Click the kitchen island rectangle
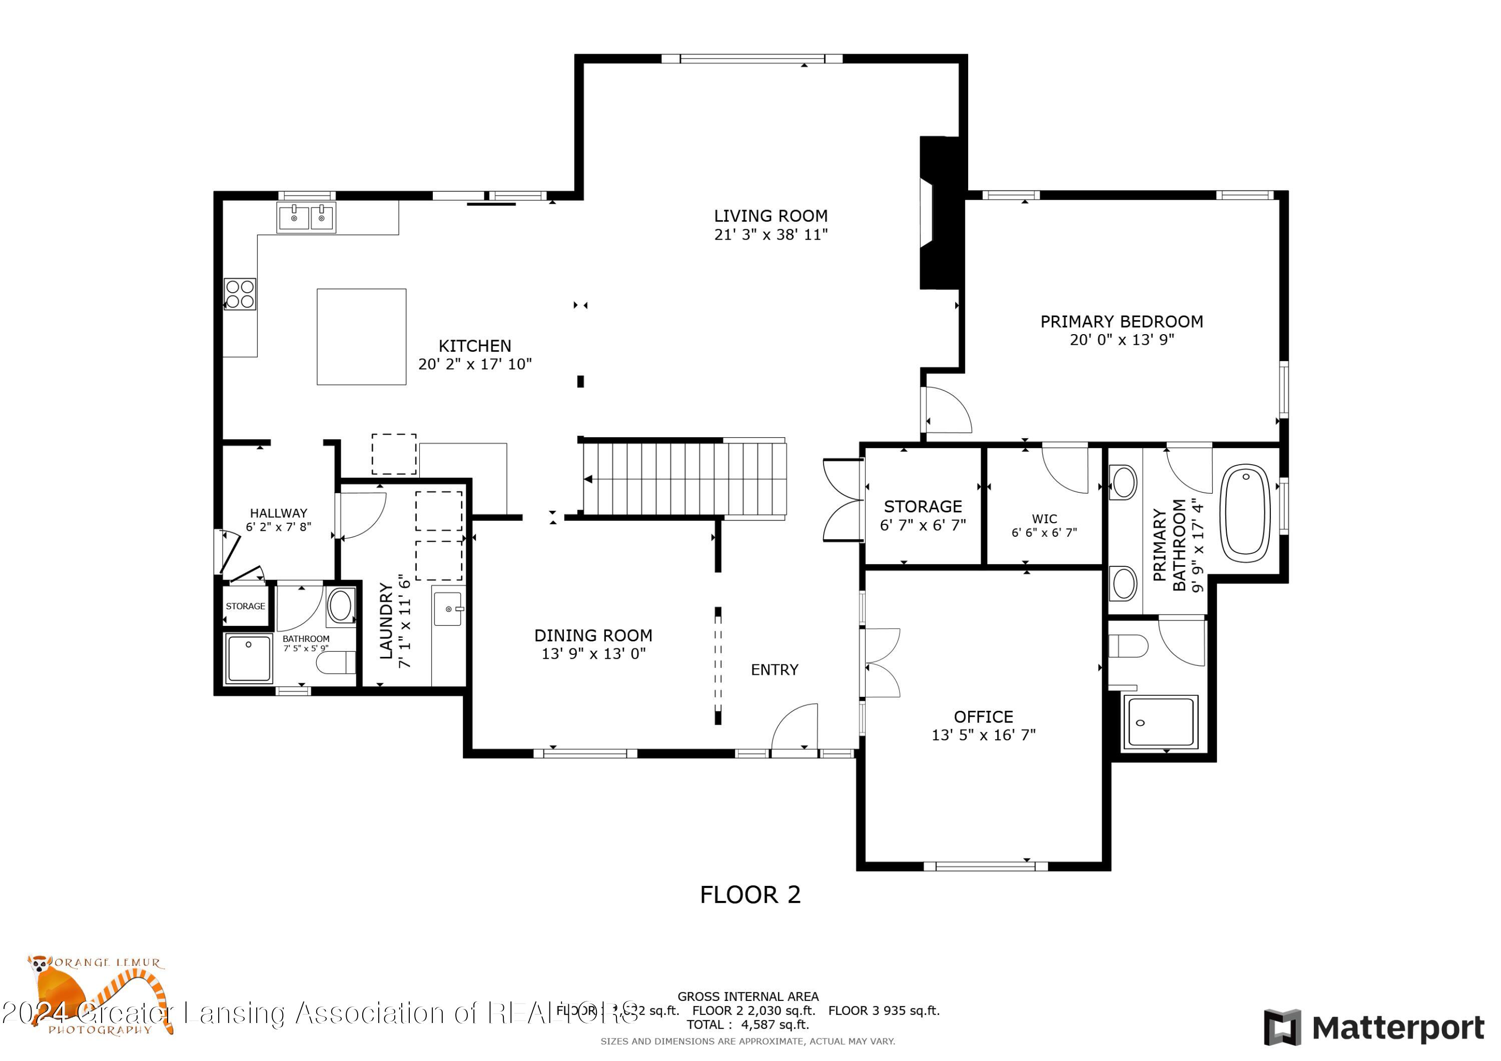(x=362, y=337)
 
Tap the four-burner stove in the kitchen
(x=240, y=294)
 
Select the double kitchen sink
(x=307, y=218)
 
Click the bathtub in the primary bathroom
(x=1246, y=513)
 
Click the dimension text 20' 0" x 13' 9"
(x=1122, y=340)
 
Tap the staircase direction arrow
(x=588, y=479)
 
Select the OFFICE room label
(x=983, y=717)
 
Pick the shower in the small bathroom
(x=249, y=658)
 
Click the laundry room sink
(x=448, y=609)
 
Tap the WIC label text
(x=1044, y=519)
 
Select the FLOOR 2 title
(x=750, y=895)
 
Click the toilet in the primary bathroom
(x=1128, y=646)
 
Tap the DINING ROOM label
(x=593, y=635)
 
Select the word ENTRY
(x=775, y=670)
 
